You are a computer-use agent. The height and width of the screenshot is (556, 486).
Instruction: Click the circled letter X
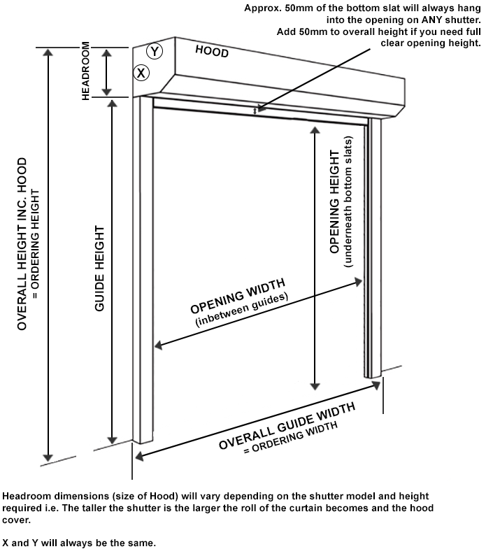[142, 72]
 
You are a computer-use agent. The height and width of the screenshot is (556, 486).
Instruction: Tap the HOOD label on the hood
[212, 51]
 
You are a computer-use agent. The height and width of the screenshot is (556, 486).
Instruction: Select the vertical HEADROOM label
[86, 70]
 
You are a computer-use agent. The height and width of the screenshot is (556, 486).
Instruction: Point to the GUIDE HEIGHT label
[100, 268]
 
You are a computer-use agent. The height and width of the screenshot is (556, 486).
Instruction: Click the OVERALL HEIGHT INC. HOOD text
[22, 244]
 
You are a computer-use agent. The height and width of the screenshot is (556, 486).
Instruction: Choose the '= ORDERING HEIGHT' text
[36, 244]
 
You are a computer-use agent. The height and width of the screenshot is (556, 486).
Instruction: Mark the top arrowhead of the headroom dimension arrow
[106, 53]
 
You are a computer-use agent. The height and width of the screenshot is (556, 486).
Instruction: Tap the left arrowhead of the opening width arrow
[159, 345]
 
